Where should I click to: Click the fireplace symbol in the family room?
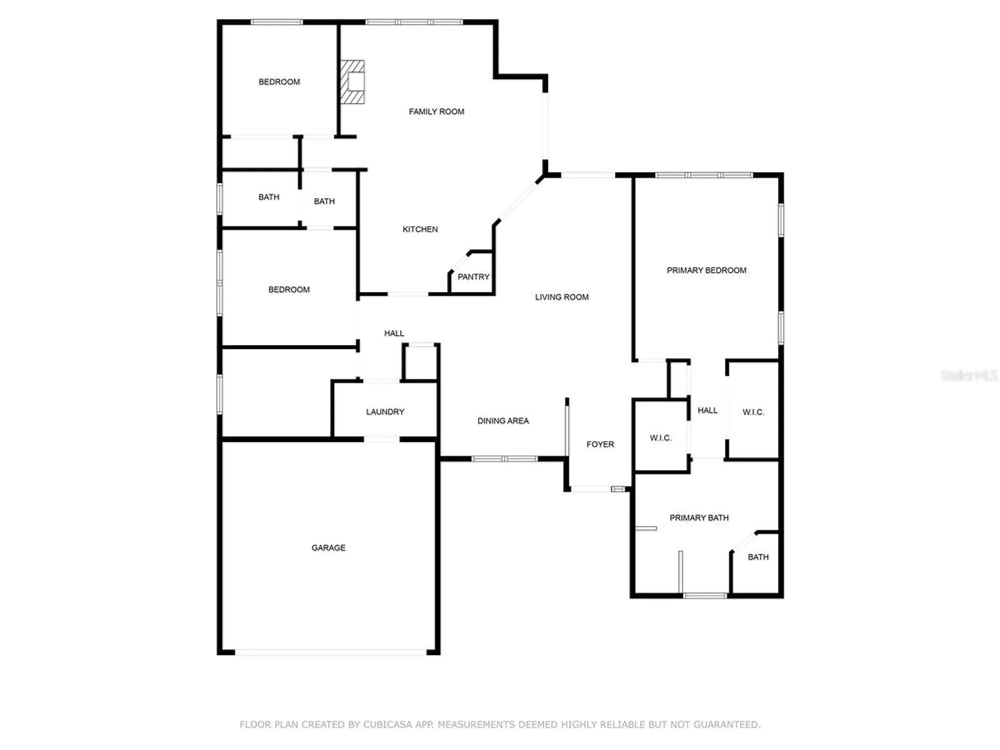[x=352, y=82]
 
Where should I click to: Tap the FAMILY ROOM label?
[x=436, y=112]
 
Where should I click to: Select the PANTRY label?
[x=473, y=277]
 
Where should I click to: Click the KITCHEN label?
[x=420, y=229]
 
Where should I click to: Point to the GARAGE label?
[x=328, y=548]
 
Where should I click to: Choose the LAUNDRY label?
[x=385, y=412]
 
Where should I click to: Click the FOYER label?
[x=600, y=444]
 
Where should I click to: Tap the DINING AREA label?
[x=503, y=421]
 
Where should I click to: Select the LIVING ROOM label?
[x=561, y=297]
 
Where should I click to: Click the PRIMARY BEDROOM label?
[x=706, y=270]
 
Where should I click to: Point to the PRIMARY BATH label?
[x=699, y=518]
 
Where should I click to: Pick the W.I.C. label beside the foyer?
[x=660, y=438]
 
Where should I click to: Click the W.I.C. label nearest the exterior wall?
[x=753, y=412]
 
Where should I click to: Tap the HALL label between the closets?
[x=707, y=410]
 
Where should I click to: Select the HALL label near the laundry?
[x=394, y=333]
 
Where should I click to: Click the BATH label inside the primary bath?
[x=758, y=557]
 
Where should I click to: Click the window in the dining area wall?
[x=504, y=458]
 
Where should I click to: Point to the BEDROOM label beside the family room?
[x=279, y=82]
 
